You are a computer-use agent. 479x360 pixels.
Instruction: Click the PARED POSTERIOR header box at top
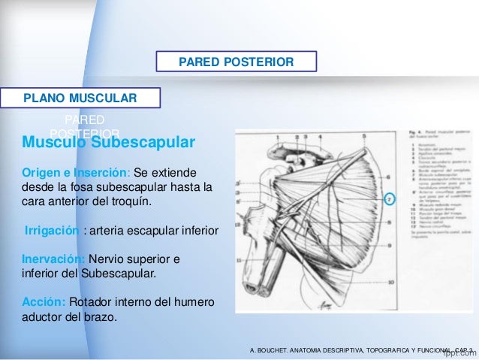tap(236, 61)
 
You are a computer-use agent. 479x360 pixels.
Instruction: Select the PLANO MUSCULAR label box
tap(80, 98)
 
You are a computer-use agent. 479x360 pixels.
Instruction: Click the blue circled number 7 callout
tap(389, 200)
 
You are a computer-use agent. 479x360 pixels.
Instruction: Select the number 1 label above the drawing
tap(278, 137)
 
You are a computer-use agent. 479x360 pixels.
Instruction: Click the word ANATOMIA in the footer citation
tap(322, 351)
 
